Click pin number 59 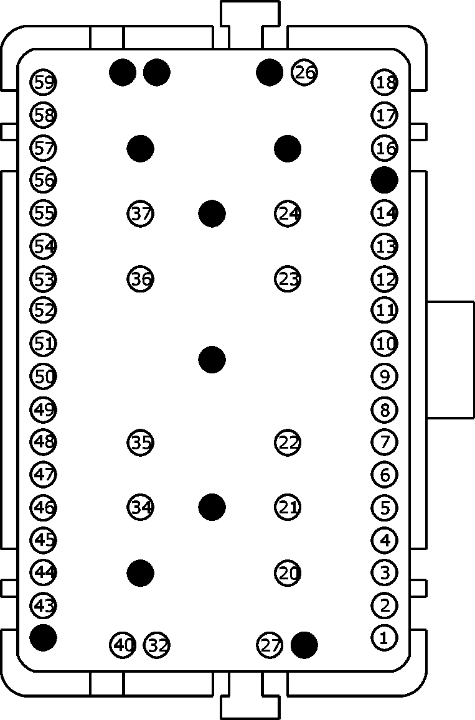[x=44, y=83]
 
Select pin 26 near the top [x=304, y=72]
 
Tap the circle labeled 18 [x=385, y=83]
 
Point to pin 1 [x=385, y=637]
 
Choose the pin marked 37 [x=140, y=213]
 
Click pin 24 [x=288, y=213]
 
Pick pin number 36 [x=140, y=279]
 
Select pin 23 [x=288, y=279]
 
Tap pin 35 [x=140, y=442]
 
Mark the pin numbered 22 [x=288, y=442]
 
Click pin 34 [x=140, y=507]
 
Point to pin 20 [x=288, y=573]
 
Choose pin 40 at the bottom [x=123, y=645]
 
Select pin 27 [x=270, y=645]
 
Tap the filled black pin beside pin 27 [x=304, y=645]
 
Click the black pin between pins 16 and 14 [x=385, y=180]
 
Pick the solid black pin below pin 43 [x=43, y=637]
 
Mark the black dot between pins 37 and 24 [x=212, y=213]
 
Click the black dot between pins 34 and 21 [x=212, y=507]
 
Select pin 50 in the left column [x=44, y=376]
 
